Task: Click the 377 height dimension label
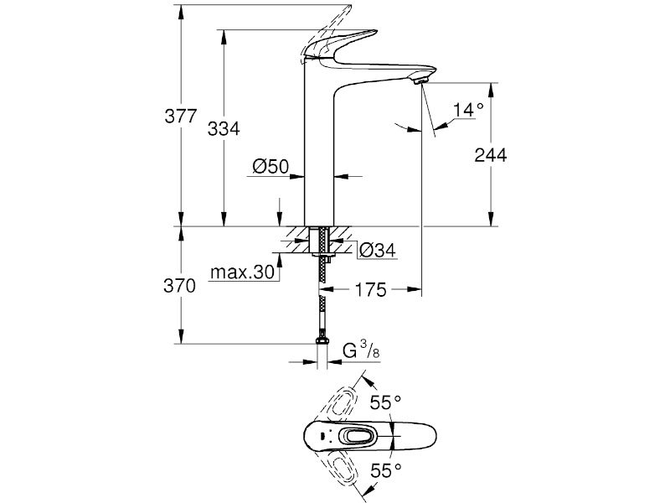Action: (x=181, y=117)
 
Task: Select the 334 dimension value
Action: (x=224, y=128)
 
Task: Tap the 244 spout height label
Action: (x=491, y=155)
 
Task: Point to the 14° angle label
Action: (x=468, y=110)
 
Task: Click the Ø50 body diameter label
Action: (x=271, y=166)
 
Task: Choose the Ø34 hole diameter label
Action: (x=378, y=250)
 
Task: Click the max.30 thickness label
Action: (x=242, y=272)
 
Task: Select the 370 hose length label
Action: (x=179, y=286)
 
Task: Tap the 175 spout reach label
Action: (x=370, y=289)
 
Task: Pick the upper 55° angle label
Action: (x=385, y=402)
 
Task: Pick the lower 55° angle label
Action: (x=386, y=470)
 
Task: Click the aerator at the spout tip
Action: (x=420, y=80)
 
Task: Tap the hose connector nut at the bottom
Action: (x=322, y=340)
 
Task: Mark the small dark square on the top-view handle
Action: (x=322, y=437)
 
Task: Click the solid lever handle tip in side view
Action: (x=374, y=31)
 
